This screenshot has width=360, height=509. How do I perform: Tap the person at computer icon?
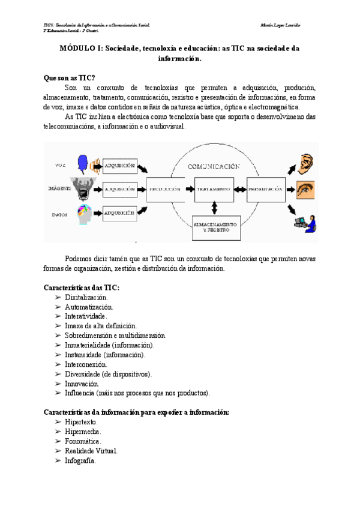[x=303, y=221]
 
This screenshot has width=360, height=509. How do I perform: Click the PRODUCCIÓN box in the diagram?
[x=166, y=189]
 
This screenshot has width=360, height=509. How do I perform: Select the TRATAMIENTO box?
[x=214, y=189]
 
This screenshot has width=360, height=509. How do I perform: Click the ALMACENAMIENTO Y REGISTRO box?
[x=215, y=226]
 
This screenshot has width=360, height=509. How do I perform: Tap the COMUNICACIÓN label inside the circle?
[x=214, y=166]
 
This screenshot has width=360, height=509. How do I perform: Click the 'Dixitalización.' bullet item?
[x=88, y=297]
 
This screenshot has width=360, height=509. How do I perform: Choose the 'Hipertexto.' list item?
[x=81, y=422]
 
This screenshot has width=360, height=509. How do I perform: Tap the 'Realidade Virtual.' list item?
[x=91, y=451]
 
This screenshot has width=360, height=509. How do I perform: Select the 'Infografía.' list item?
[x=80, y=460]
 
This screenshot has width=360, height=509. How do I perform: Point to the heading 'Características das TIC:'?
[x=82, y=288]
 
